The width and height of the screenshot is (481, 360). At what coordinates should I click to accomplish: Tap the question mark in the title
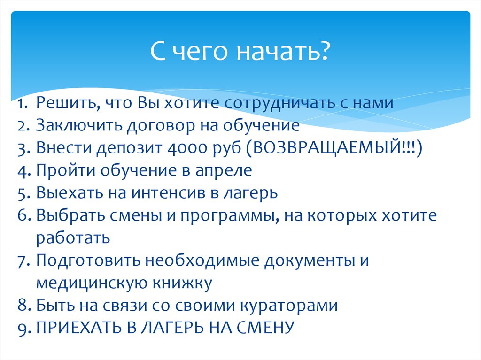[323, 51]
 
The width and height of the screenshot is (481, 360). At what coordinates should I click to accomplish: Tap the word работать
[73, 238]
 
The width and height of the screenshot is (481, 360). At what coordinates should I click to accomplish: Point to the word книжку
[181, 283]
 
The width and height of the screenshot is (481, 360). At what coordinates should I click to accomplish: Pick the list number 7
[24, 261]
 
